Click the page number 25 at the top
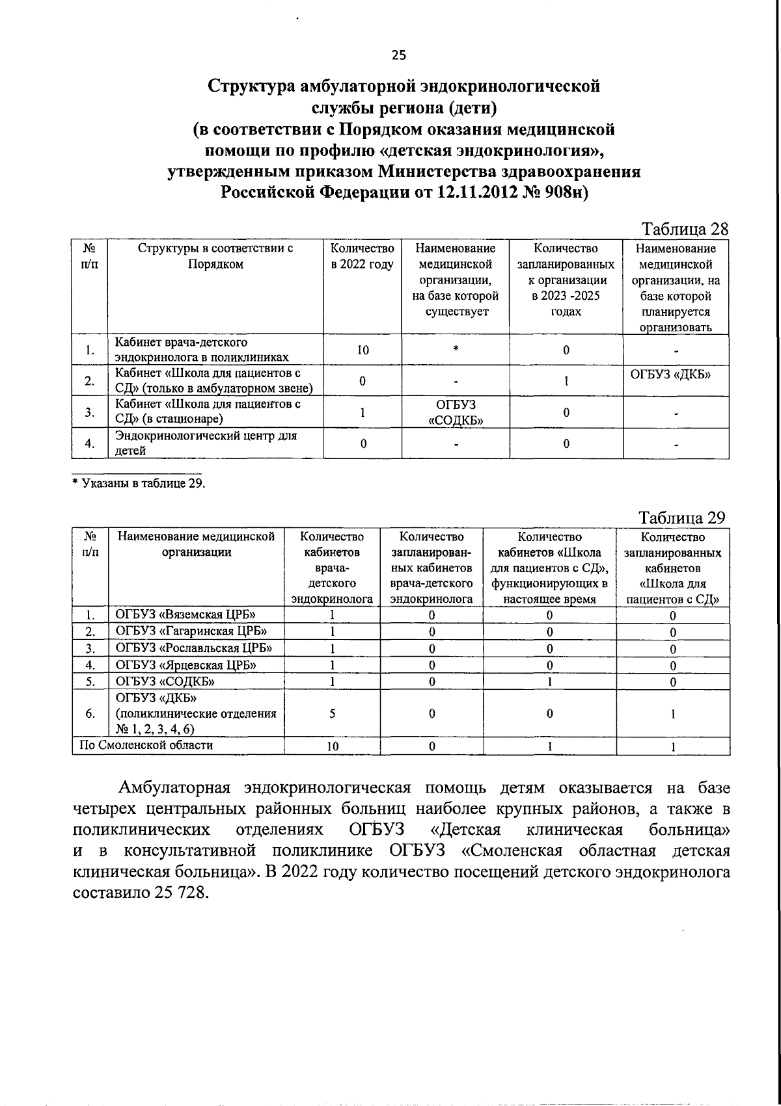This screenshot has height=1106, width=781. [x=398, y=55]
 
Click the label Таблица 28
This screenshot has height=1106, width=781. [x=684, y=230]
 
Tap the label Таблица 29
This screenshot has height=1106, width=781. [x=681, y=518]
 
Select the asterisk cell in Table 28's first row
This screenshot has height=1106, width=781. [x=456, y=350]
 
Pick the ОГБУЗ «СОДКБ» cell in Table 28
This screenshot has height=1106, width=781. [x=456, y=412]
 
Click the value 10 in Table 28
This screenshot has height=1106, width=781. [x=363, y=350]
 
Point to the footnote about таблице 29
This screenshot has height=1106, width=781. [x=139, y=482]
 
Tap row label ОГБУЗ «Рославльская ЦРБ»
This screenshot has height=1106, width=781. [x=193, y=648]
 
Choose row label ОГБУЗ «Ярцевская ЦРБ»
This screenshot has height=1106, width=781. [x=185, y=665]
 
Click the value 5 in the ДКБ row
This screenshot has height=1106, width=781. [x=332, y=713]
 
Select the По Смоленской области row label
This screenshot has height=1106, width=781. [x=146, y=745]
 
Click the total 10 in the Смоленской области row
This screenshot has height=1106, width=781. [x=332, y=746]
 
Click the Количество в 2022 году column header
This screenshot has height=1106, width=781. [x=363, y=256]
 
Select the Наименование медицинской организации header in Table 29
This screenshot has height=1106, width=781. [x=196, y=545]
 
